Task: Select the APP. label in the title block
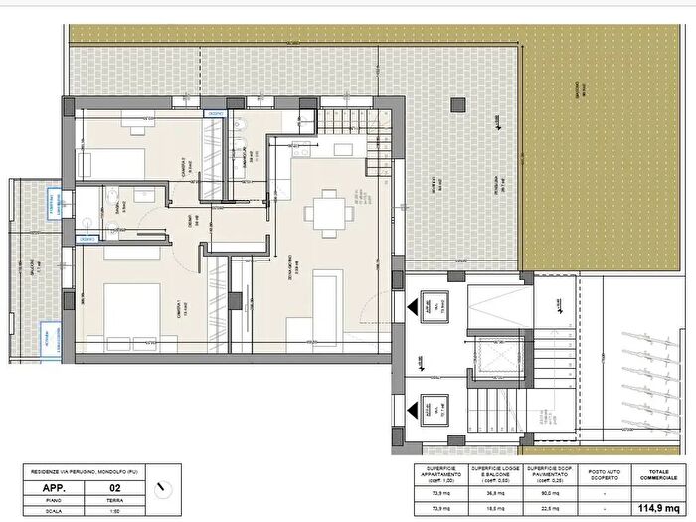(x=55, y=488)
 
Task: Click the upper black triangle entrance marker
(x=435, y=305)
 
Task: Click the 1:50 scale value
(x=114, y=513)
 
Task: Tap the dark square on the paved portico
(x=459, y=103)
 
